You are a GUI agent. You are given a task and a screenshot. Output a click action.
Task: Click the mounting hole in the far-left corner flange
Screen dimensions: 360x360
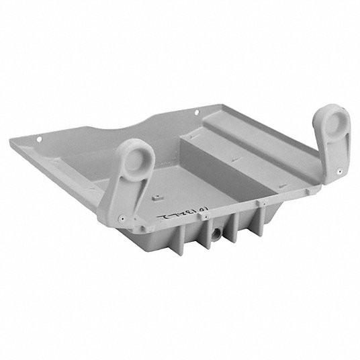pos(40,140)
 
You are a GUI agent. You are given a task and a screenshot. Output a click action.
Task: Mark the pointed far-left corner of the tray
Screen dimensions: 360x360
pos(30,140)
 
